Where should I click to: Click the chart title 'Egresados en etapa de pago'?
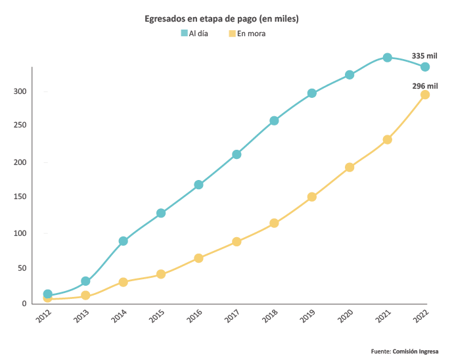click(221, 19)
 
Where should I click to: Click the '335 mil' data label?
click(424, 56)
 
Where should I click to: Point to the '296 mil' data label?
click(425, 85)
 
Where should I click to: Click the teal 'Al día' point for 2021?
click(388, 58)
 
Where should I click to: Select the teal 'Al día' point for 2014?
click(123, 241)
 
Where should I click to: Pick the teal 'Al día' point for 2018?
click(274, 121)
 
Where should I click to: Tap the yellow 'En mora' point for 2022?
click(425, 95)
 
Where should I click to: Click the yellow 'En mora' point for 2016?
click(198, 258)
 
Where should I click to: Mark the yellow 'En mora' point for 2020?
click(350, 168)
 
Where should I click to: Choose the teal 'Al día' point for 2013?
click(85, 281)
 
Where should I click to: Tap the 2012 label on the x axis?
click(43, 316)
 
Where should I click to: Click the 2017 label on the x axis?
click(232, 316)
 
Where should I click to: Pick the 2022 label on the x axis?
click(421, 316)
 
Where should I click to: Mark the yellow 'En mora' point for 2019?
click(312, 197)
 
